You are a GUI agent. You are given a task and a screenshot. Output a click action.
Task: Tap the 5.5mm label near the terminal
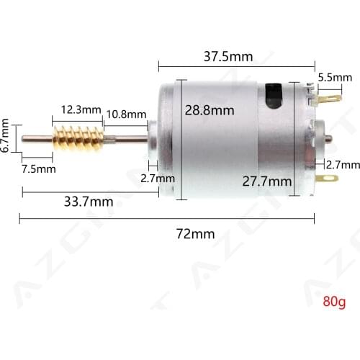click(335, 77)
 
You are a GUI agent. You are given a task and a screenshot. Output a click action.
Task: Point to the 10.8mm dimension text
click(126, 114)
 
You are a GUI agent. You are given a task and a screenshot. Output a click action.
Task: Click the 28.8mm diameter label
click(210, 110)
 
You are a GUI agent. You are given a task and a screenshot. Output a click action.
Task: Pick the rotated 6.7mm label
click(6, 136)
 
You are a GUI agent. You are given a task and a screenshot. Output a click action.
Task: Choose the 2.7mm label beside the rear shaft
click(343, 165)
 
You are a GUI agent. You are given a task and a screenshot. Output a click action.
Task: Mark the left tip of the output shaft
click(24, 138)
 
